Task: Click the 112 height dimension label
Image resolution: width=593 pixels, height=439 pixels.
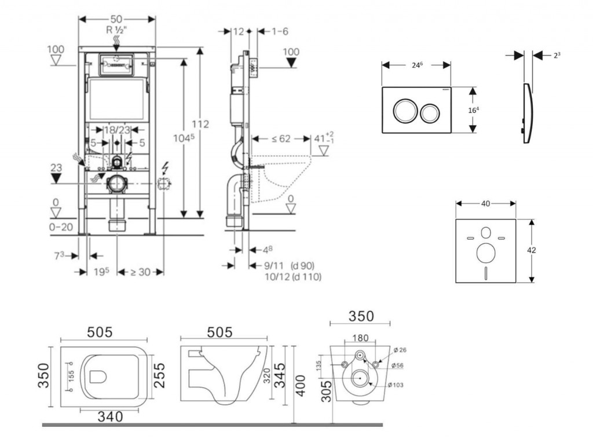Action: pyautogui.click(x=200, y=124)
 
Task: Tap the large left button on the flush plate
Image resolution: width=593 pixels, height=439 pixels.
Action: pyautogui.click(x=404, y=111)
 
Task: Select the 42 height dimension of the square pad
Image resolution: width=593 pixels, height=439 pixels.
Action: pyautogui.click(x=531, y=251)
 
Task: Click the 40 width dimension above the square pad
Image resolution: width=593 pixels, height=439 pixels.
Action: pyautogui.click(x=485, y=203)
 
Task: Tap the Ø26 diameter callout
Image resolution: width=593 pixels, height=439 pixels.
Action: pyautogui.click(x=400, y=350)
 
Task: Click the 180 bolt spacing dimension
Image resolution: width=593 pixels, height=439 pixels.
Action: pyautogui.click(x=360, y=338)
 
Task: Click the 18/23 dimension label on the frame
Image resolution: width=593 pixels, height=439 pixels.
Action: pyautogui.click(x=117, y=130)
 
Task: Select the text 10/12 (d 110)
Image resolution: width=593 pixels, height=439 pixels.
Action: pyautogui.click(x=292, y=277)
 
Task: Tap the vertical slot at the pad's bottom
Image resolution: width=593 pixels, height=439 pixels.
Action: pyautogui.click(x=485, y=272)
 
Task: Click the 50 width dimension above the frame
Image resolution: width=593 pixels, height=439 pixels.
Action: pyautogui.click(x=116, y=19)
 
